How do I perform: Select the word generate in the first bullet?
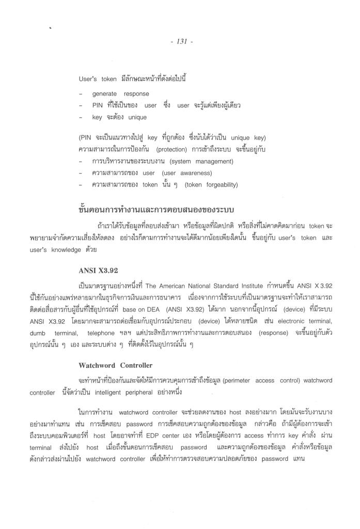[106, 94]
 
